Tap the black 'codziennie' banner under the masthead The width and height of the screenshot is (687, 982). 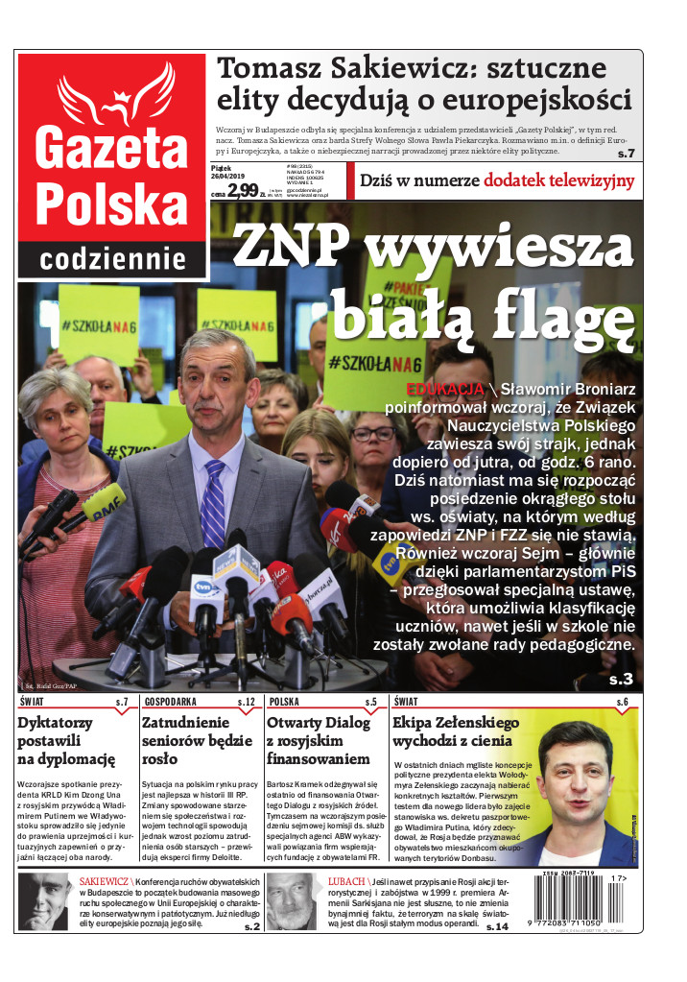(x=112, y=258)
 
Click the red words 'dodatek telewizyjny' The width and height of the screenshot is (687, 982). (x=558, y=180)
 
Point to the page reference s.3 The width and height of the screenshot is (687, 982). (x=621, y=680)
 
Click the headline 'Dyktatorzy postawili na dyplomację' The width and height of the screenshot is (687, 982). (x=66, y=741)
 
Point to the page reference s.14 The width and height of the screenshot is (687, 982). (x=497, y=926)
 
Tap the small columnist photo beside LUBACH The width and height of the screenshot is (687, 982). (x=290, y=901)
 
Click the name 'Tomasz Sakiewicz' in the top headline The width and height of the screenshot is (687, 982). (x=316, y=68)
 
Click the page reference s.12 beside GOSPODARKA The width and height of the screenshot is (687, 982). (x=246, y=703)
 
